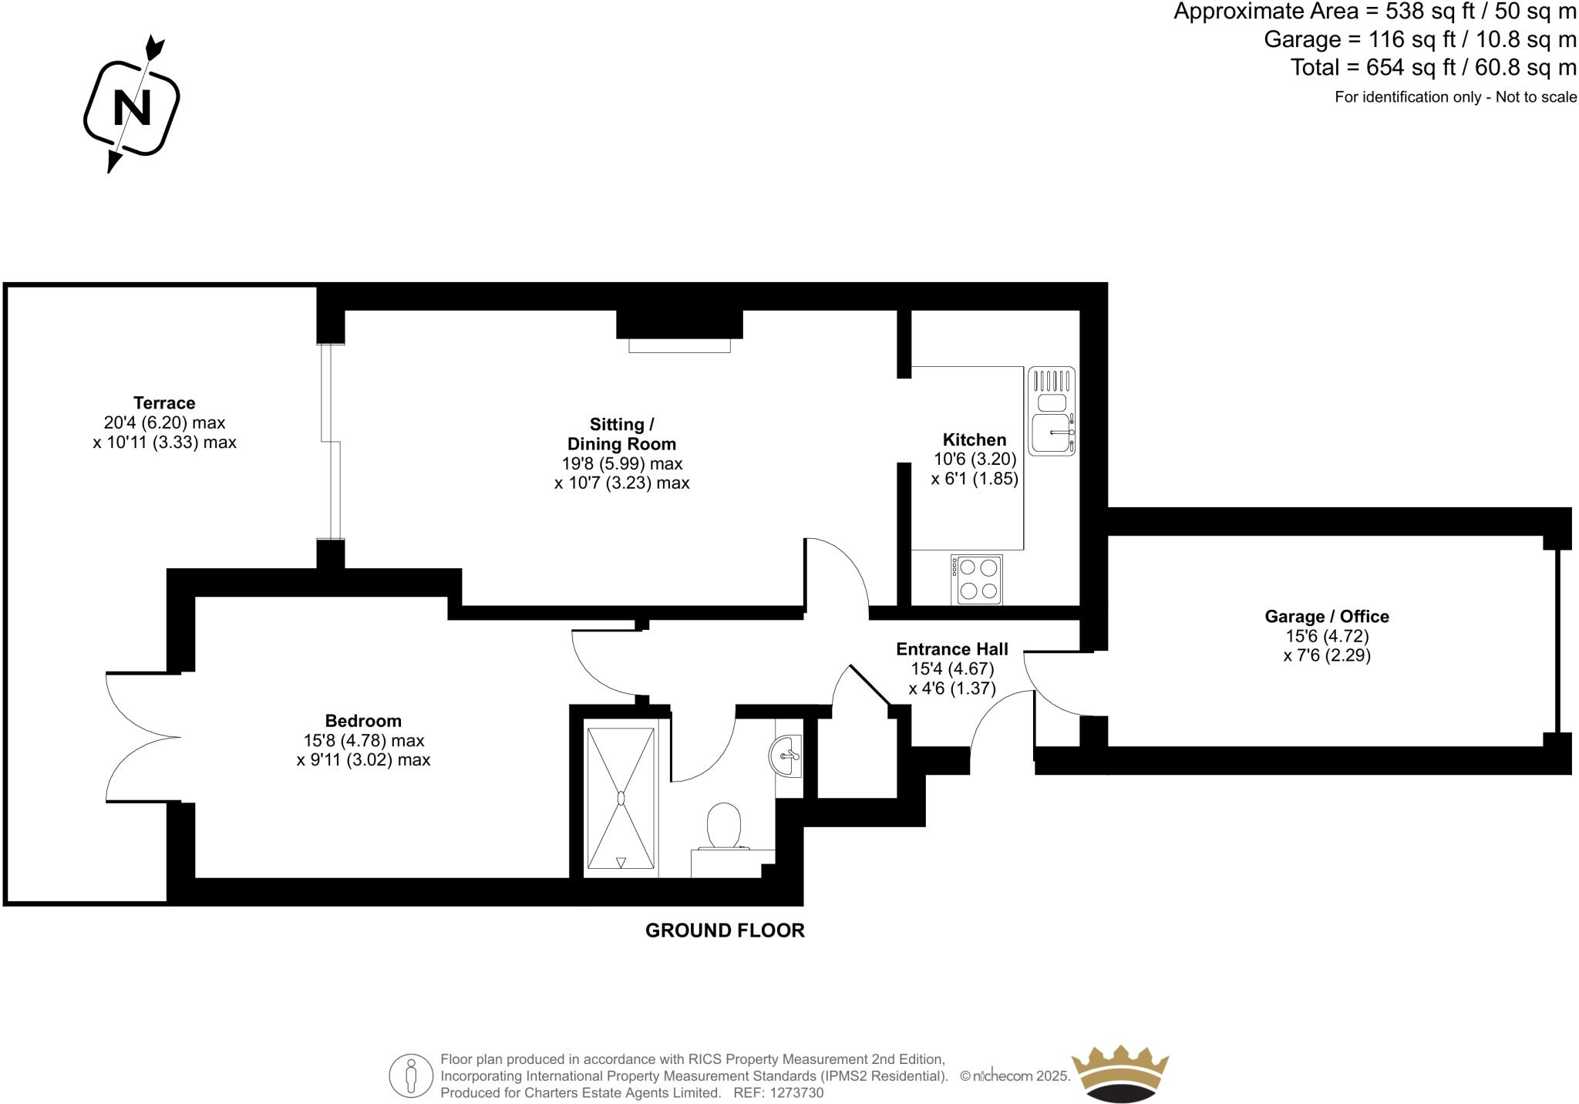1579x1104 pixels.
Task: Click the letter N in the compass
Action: [132, 108]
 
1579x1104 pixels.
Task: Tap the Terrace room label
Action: [164, 402]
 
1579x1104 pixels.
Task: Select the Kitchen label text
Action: [975, 439]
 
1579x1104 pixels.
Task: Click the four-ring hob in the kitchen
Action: [978, 580]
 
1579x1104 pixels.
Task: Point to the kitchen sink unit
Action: [1052, 411]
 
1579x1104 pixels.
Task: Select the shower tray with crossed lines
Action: [621, 799]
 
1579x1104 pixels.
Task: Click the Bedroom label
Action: [363, 721]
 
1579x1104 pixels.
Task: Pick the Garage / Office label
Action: [1327, 616]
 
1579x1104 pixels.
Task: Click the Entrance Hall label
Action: [952, 649]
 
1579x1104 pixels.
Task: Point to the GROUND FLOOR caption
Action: [725, 931]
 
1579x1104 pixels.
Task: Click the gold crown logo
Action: [1120, 1073]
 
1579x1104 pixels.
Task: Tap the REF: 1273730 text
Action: [779, 1093]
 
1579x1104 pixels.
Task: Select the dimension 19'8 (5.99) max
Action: [622, 463]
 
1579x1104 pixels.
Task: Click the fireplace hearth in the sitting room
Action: [679, 345]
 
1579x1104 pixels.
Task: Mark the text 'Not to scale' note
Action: [1536, 97]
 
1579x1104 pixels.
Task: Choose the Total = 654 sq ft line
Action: [1433, 68]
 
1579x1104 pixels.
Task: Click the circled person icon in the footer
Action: [411, 1075]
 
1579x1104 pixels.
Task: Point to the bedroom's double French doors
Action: [143, 737]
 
